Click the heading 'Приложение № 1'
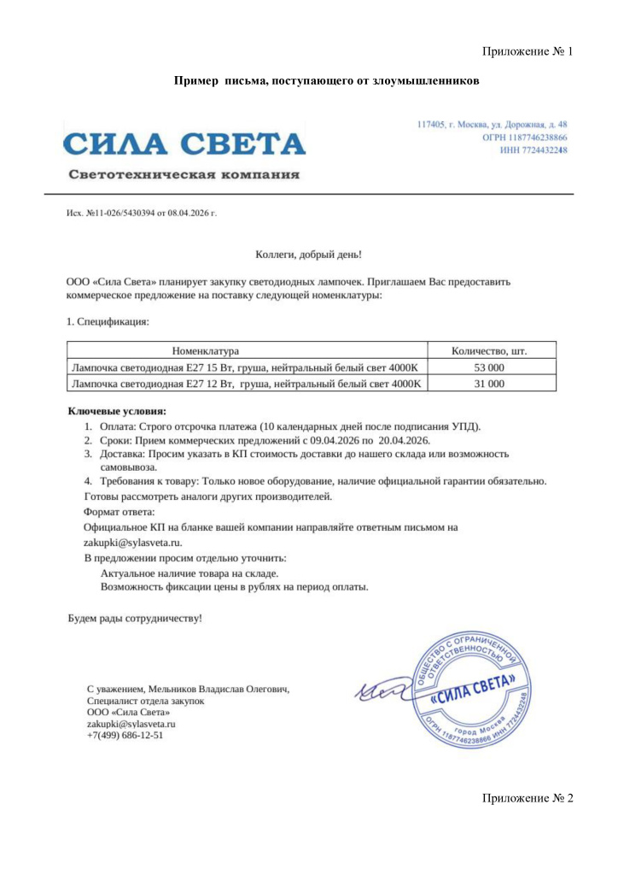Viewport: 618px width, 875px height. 527,51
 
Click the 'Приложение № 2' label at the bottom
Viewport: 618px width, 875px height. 527,798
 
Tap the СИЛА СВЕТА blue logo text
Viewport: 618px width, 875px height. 184,143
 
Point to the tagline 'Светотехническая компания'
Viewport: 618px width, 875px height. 184,175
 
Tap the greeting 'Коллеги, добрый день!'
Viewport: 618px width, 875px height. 309,254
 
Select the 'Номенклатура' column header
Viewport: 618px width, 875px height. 205,350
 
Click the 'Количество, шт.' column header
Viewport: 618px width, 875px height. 489,350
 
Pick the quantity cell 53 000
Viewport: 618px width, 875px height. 489,367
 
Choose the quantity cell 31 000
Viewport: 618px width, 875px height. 489,384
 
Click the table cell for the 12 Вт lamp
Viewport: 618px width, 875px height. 246,384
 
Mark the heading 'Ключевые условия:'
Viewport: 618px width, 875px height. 117,411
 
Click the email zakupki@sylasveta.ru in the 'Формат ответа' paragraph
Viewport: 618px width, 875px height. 132,542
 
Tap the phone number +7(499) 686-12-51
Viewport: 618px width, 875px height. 125,735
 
